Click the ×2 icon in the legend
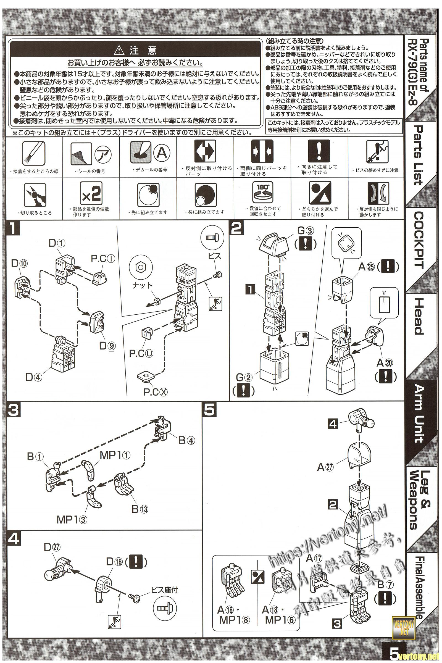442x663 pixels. click(x=91, y=194)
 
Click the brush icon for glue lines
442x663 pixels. click(x=33, y=153)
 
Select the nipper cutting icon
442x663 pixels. click(x=35, y=195)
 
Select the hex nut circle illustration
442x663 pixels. click(x=141, y=267)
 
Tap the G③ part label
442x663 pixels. click(x=305, y=231)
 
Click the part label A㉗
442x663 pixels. click(x=326, y=467)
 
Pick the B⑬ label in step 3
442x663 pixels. click(x=140, y=509)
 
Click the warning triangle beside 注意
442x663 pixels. click(x=120, y=51)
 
